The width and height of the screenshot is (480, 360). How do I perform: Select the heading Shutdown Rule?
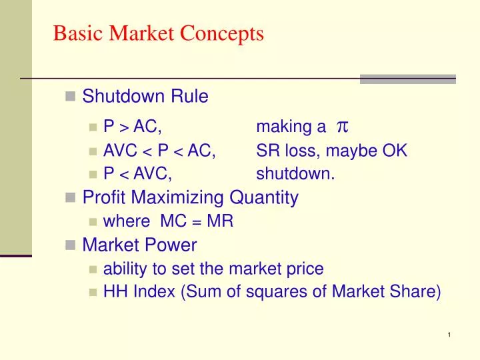[145, 97]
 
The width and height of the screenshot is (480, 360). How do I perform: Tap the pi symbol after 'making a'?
[343, 127]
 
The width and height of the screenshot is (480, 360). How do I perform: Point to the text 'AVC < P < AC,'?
[159, 151]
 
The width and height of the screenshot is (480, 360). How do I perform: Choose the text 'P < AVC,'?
[138, 175]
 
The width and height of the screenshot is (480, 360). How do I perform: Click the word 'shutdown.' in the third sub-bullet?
[295, 175]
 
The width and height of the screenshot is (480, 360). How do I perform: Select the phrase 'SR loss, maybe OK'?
[331, 151]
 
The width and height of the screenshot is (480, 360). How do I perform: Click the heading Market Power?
[139, 245]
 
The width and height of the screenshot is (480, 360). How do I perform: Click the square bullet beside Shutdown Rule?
[70, 97]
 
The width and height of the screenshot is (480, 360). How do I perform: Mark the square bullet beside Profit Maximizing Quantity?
[70, 198]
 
